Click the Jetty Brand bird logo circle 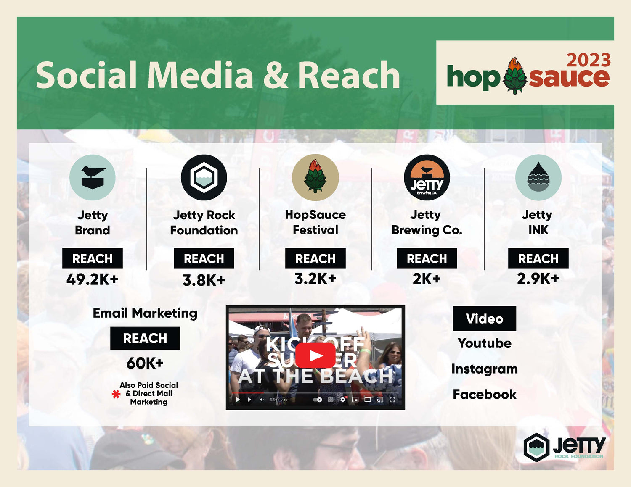[93, 177]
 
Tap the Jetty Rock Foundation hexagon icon [204, 177]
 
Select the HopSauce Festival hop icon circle [315, 177]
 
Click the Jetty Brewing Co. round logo [427, 177]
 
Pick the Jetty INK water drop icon [538, 177]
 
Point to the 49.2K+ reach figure [93, 279]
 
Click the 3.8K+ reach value [204, 280]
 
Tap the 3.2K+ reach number [315, 279]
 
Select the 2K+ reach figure [427, 279]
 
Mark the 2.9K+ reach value [538, 279]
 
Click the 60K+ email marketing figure [145, 363]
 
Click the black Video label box [484, 319]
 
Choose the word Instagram [485, 369]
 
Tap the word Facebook [485, 395]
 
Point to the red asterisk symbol [116, 394]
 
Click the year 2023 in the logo [589, 61]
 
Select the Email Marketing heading [145, 313]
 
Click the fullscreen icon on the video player [392, 400]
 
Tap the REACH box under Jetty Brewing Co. [427, 258]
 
